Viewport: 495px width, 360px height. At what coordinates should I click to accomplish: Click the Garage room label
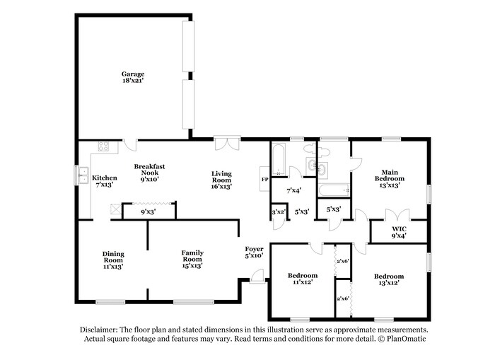[133, 78]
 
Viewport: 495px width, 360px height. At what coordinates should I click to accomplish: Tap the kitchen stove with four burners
[103, 147]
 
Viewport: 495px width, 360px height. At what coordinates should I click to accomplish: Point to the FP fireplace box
[264, 180]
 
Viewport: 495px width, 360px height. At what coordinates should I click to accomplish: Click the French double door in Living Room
[227, 144]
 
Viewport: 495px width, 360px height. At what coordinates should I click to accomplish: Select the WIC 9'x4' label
[399, 233]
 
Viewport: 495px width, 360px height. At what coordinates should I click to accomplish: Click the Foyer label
[254, 252]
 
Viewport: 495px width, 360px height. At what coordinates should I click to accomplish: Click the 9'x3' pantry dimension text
[148, 211]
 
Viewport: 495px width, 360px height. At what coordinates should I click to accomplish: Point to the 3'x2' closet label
[279, 211]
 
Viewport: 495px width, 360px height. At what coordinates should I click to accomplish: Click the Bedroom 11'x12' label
[302, 278]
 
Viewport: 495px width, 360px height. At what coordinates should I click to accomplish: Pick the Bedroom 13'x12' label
[389, 279]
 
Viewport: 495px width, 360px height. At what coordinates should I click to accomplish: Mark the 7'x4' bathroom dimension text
[293, 190]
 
